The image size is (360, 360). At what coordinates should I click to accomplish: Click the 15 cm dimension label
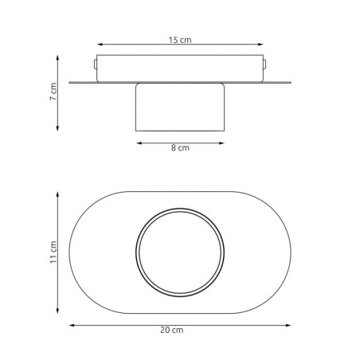point(180,40)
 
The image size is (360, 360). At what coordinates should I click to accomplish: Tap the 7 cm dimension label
point(53,92)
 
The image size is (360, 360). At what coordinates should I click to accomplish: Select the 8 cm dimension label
point(180,147)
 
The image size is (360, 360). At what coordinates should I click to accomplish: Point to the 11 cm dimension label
point(53,252)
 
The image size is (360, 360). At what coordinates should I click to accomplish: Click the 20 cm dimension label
point(172,330)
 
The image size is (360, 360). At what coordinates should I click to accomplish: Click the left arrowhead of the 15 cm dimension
point(100,45)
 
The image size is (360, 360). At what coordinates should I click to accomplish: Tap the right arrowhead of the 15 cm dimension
point(260,45)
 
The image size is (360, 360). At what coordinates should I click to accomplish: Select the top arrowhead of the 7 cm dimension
point(57,58)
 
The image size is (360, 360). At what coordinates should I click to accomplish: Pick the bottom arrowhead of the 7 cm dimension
point(57,128)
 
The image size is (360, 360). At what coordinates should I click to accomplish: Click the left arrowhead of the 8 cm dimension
point(139,143)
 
